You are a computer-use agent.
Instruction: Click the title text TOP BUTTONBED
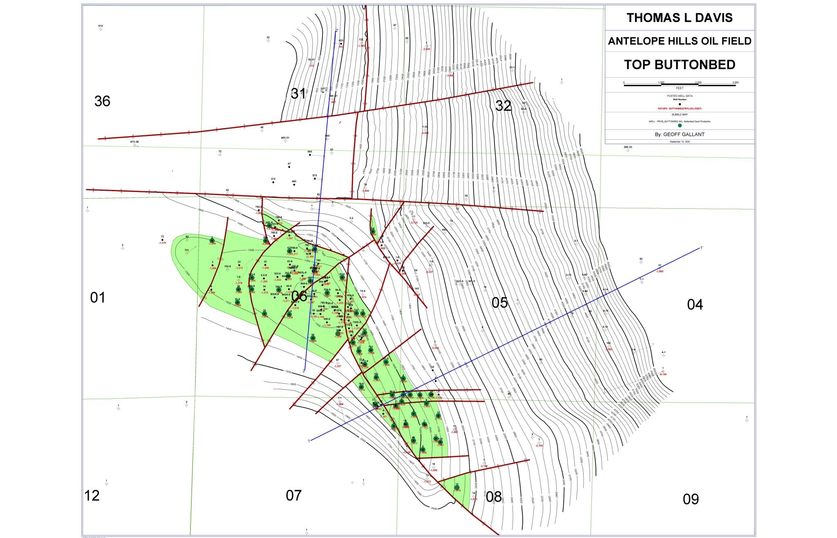(x=679, y=65)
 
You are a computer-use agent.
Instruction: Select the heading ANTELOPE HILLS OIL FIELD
(x=679, y=41)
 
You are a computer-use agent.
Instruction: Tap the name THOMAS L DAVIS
(x=679, y=18)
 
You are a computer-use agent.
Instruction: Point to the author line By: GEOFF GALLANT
(x=679, y=134)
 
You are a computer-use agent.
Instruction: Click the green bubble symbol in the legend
(x=680, y=125)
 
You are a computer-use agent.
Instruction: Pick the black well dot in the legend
(x=680, y=104)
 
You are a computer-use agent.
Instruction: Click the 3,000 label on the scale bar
(x=735, y=83)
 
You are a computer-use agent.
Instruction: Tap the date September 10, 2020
(x=679, y=141)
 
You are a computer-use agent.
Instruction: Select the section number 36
(x=102, y=101)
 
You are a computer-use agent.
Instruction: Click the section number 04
(x=695, y=304)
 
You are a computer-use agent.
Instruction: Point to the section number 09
(x=691, y=499)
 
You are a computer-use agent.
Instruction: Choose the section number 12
(x=92, y=496)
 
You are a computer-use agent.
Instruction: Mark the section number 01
(x=98, y=298)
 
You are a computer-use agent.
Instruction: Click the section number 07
(x=293, y=496)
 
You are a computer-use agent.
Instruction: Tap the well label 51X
(x=101, y=26)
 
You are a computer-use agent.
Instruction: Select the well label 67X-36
(x=134, y=142)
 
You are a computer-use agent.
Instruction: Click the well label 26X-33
(x=628, y=147)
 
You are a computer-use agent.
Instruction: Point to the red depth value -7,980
(x=660, y=271)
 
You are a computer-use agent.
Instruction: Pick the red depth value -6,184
(x=663, y=374)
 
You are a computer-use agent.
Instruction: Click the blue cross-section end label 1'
(x=702, y=248)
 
